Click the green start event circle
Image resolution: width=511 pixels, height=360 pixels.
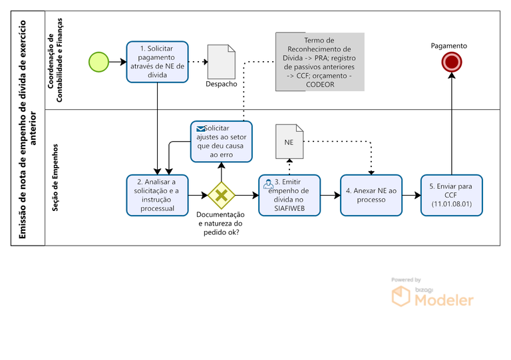98,61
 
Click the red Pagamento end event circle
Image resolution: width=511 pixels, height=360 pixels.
452,62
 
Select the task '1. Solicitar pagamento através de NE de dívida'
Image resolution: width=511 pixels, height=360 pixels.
158,61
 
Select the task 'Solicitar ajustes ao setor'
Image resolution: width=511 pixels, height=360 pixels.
222,141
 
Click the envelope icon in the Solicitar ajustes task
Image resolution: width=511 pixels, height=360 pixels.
200,128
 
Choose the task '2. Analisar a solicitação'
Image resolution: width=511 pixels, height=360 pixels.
158,195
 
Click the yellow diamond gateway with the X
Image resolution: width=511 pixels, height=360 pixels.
221,195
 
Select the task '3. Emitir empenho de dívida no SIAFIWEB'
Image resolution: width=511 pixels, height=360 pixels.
289,195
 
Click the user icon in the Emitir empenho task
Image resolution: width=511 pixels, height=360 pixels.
267,183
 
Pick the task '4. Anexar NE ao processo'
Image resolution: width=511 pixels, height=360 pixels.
371,195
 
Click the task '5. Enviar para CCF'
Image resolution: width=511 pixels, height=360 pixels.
451,195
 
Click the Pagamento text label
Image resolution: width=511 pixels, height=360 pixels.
448,46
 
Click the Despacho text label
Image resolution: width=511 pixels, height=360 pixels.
221,84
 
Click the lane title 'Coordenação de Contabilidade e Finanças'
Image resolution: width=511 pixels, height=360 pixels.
56,61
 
